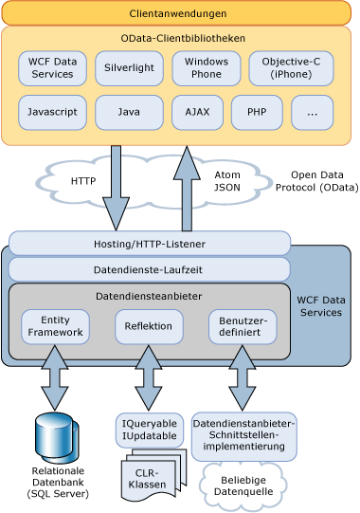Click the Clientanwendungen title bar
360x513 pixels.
[179, 13]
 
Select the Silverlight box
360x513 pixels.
[129, 68]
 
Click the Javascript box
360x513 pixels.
[52, 112]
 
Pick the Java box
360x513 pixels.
[129, 112]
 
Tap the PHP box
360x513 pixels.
[257, 112]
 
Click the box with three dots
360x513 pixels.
[313, 112]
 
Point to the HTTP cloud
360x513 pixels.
[78, 179]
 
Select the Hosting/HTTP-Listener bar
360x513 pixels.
[150, 244]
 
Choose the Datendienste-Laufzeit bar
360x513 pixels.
[150, 269]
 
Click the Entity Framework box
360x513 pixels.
[55, 326]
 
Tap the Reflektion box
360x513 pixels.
[148, 326]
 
